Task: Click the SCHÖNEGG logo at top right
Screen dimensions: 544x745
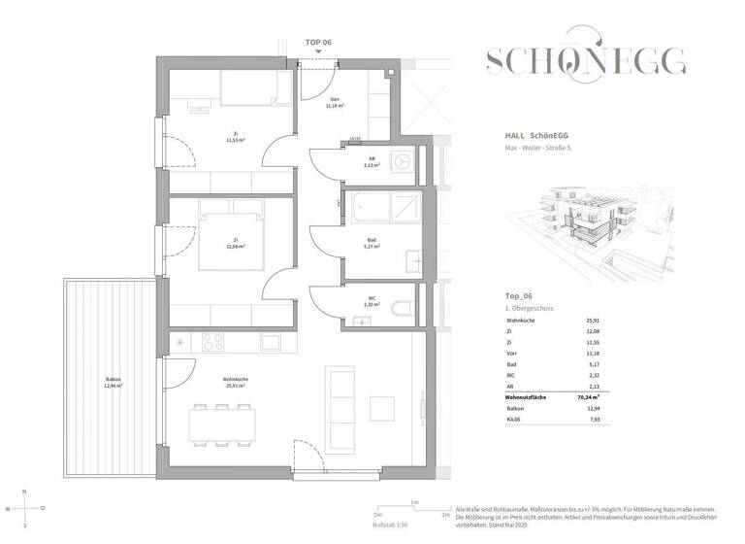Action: pyautogui.click(x=586, y=62)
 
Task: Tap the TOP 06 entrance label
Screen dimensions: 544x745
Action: pyautogui.click(x=319, y=43)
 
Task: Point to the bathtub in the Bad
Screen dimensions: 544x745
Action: pyautogui.click(x=382, y=207)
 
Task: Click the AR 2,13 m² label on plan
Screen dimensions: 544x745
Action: pyautogui.click(x=370, y=163)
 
